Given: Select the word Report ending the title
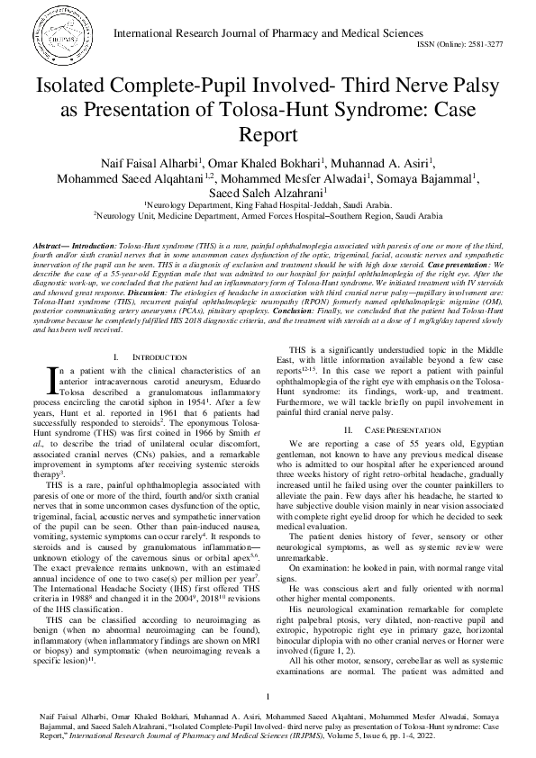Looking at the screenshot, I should (x=268, y=136).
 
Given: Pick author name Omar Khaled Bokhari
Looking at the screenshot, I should (x=259, y=163).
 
